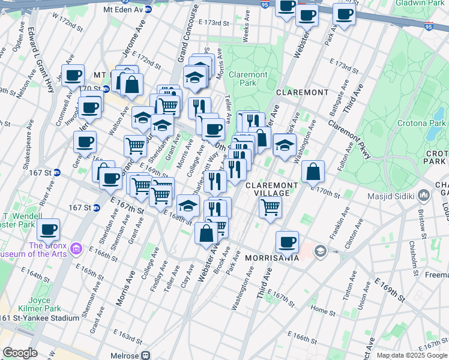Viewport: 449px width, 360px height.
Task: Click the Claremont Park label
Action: point(248,79)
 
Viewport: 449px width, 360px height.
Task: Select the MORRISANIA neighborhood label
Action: point(272,257)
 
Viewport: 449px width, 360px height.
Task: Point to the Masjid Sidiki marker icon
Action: point(424,196)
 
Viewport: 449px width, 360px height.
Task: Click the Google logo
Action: point(20,353)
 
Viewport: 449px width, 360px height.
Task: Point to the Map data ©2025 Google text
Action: point(412,355)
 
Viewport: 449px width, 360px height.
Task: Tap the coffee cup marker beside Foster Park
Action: point(48,229)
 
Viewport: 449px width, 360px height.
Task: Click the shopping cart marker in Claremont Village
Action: point(271,208)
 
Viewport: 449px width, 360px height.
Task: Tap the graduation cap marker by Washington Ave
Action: point(285,144)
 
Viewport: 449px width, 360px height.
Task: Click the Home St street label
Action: point(323,311)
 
